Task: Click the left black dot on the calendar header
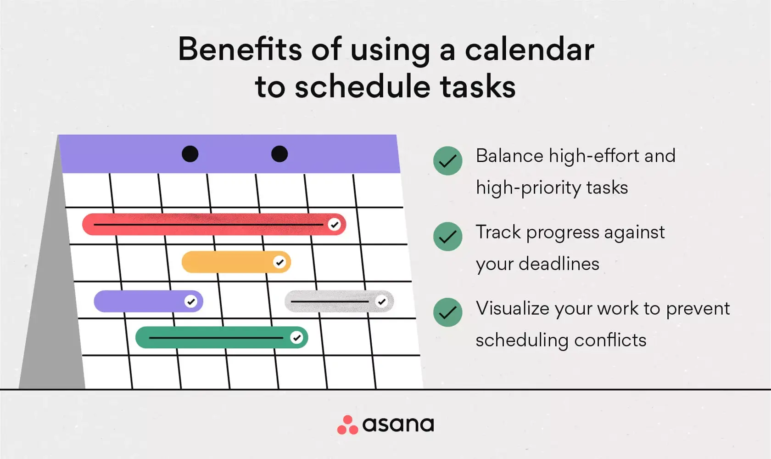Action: click(x=190, y=154)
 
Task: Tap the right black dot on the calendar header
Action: click(x=279, y=154)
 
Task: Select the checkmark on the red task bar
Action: click(x=334, y=225)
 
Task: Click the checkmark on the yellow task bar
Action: click(x=279, y=262)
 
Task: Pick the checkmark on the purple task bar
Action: click(x=191, y=301)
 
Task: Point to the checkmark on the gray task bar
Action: click(x=381, y=301)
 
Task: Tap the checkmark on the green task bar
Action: click(x=297, y=338)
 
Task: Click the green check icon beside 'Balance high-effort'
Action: click(x=447, y=161)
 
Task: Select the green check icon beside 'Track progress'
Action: click(x=447, y=237)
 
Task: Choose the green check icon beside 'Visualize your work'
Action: click(x=447, y=312)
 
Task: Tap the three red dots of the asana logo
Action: click(x=347, y=425)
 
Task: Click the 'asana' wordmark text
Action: click(x=398, y=425)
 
